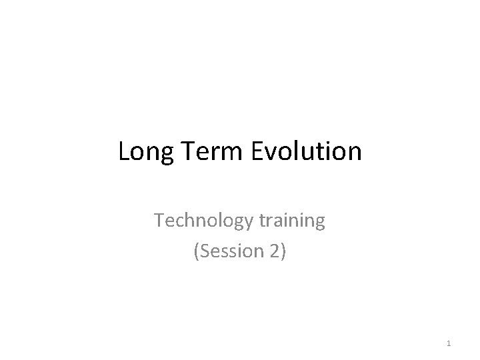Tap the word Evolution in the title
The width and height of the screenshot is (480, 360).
tap(306, 152)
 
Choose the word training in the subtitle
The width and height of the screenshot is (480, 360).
tap(289, 221)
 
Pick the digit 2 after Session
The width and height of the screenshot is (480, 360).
tap(275, 251)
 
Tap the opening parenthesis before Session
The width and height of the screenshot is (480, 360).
tap(195, 252)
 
